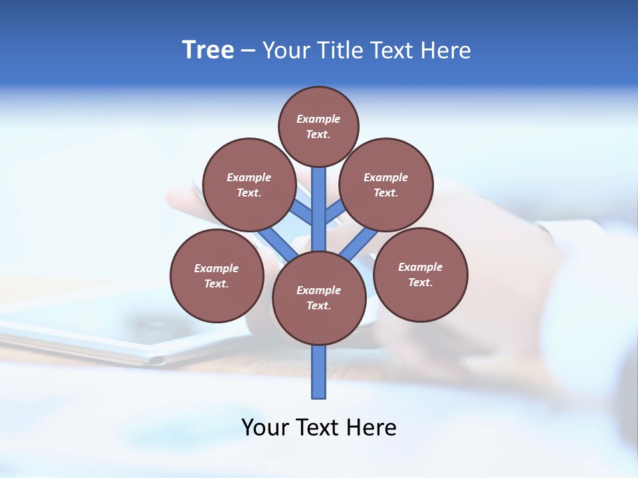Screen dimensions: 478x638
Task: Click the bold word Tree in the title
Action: [208, 50]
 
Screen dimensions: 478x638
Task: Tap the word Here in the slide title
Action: [446, 50]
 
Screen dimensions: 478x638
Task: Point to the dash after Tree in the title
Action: [248, 51]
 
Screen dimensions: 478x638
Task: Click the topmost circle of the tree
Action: [318, 126]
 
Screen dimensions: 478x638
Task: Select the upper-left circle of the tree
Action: [249, 185]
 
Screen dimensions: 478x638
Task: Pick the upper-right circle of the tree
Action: [386, 185]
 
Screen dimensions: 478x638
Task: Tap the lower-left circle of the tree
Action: [217, 276]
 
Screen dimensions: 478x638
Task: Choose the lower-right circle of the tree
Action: [421, 274]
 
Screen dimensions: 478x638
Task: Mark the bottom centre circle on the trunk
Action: [319, 298]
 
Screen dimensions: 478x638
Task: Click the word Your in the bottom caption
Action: [265, 428]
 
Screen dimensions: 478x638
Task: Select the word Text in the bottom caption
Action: [318, 428]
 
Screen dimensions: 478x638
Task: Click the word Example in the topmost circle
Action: [318, 119]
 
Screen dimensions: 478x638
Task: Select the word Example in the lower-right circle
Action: [420, 267]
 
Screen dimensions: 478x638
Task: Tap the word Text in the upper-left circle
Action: [248, 193]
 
